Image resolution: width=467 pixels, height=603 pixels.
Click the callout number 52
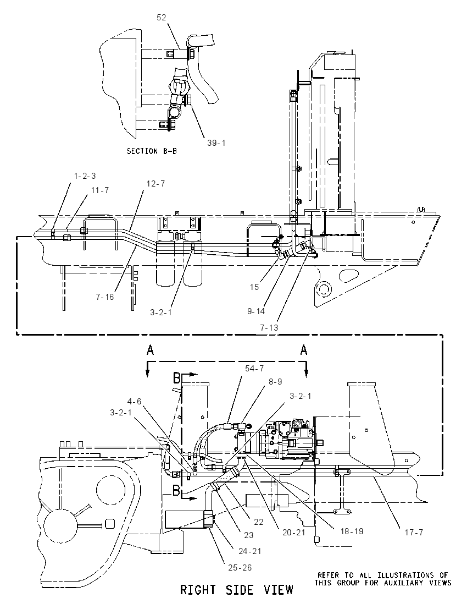[162, 17]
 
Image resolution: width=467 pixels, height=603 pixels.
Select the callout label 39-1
[216, 143]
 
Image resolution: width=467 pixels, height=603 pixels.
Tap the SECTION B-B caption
[152, 151]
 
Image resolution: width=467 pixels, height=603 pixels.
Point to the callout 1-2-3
[85, 176]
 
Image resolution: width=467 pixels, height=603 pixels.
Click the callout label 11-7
[99, 190]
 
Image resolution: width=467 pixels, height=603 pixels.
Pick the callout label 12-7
[155, 184]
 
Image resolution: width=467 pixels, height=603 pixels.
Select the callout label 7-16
[105, 297]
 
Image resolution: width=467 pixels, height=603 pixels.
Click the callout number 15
[254, 287]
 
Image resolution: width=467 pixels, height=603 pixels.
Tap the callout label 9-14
[256, 311]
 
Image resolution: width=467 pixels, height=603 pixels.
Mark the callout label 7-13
[269, 328]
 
